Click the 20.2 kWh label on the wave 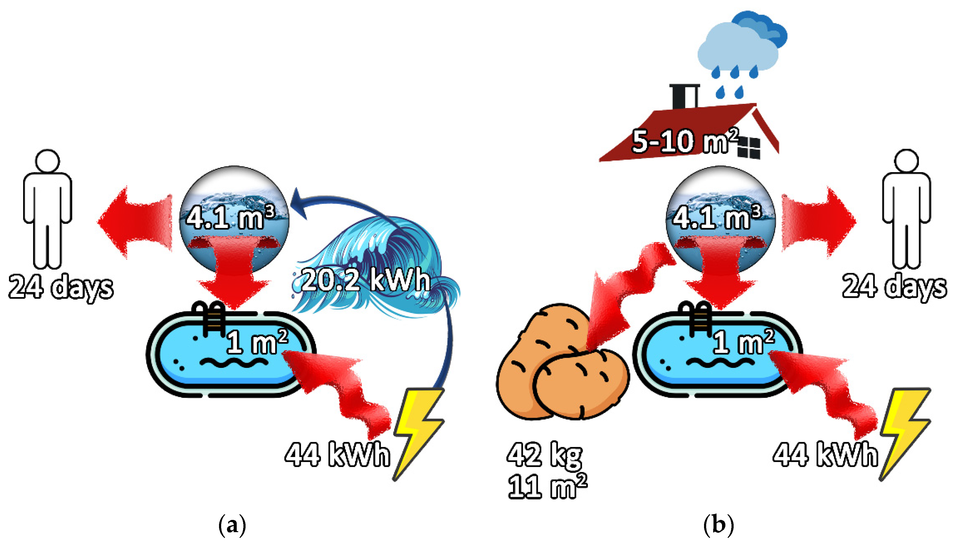(x=365, y=280)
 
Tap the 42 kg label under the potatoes (x=544, y=455)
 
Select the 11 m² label (x=547, y=486)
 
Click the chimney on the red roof (x=685, y=97)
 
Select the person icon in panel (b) (x=906, y=209)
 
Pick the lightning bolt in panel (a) (x=418, y=433)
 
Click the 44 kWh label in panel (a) (x=337, y=455)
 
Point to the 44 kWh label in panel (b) (x=825, y=455)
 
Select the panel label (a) (x=232, y=525)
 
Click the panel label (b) (x=718, y=525)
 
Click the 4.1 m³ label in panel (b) (x=717, y=218)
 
